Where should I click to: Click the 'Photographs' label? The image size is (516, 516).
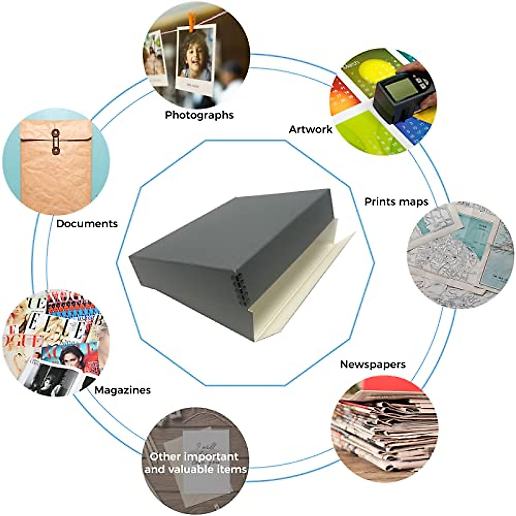[x=199, y=115]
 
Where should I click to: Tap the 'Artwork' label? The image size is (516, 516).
[x=310, y=129]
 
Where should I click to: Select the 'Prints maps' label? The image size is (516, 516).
[x=396, y=201]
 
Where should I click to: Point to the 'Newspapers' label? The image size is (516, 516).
[x=372, y=364]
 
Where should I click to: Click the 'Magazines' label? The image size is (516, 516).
[x=123, y=390]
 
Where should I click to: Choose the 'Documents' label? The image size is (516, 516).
[x=87, y=224]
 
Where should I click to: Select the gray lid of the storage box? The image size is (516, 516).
[x=228, y=232]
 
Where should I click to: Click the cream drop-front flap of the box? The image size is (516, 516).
[x=301, y=292]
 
